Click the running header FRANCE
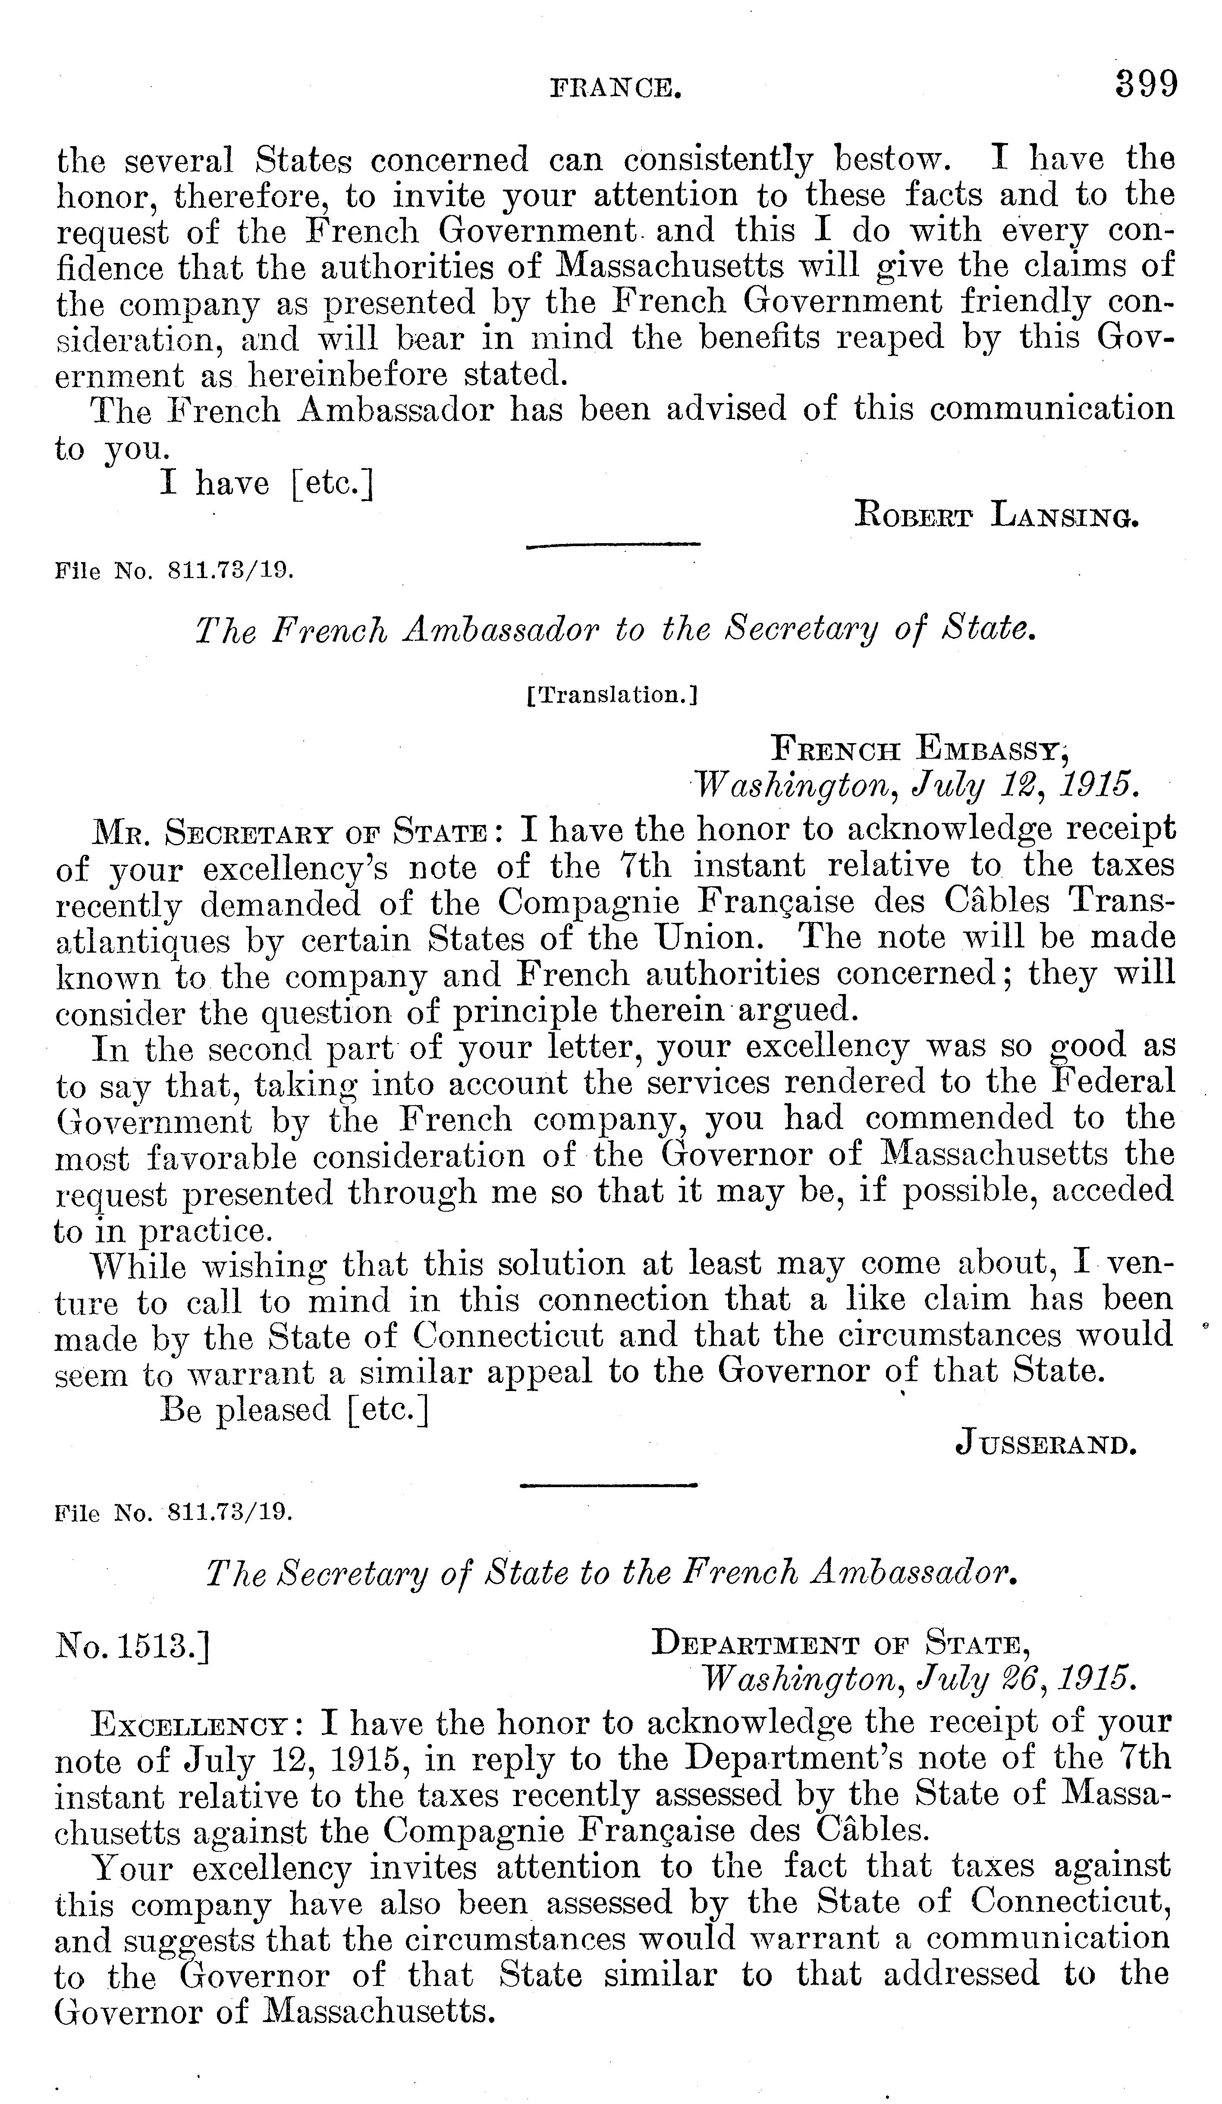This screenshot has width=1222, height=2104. [613, 88]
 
